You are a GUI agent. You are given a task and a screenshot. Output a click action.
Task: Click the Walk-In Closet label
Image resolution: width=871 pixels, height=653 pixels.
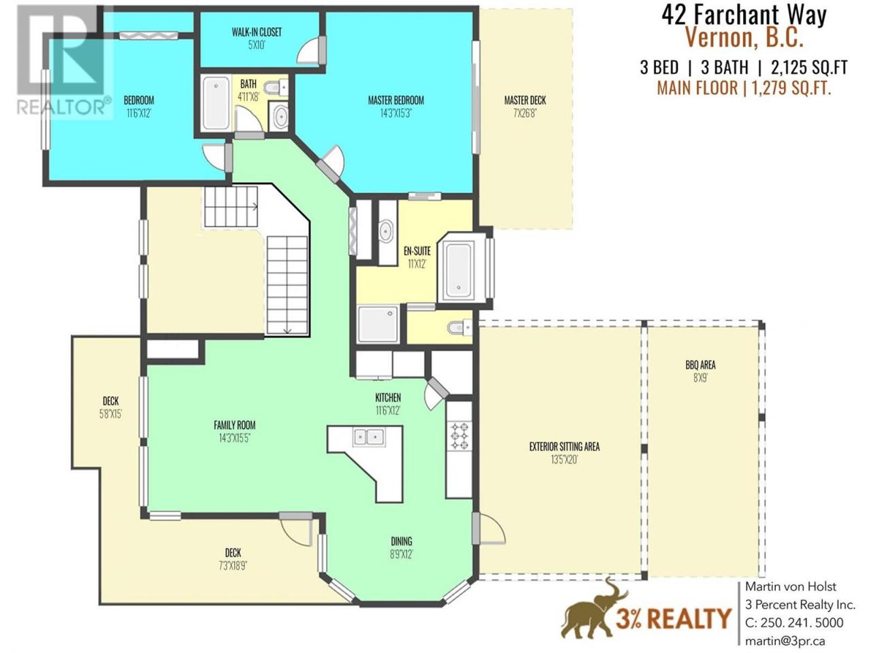point(257,32)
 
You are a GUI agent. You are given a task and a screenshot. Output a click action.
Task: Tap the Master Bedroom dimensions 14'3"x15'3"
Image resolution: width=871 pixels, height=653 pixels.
point(395,114)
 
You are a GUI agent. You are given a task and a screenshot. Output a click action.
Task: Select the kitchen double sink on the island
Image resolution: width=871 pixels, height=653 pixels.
point(369,437)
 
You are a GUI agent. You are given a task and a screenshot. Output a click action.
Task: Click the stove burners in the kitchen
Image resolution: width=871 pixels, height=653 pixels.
point(459,437)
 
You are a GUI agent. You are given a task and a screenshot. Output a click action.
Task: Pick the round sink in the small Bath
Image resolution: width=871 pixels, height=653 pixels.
point(281,116)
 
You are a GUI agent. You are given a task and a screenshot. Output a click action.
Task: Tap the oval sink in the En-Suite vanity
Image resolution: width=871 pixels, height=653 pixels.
point(386,231)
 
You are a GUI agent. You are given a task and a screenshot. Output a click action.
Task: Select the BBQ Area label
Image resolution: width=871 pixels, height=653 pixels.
point(700,365)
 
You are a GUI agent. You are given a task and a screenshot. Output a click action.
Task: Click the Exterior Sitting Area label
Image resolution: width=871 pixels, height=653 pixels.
point(564,447)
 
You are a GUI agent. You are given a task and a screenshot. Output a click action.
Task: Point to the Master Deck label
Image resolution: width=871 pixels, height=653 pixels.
point(525,100)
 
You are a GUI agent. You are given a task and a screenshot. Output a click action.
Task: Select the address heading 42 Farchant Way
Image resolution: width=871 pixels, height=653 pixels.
point(744,16)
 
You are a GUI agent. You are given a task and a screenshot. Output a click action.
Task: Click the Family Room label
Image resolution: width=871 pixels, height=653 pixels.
point(235,425)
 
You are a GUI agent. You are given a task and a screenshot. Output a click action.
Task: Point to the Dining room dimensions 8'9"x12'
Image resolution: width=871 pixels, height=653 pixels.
point(401,554)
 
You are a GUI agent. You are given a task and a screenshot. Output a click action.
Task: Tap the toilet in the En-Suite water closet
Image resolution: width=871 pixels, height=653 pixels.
point(459,327)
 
